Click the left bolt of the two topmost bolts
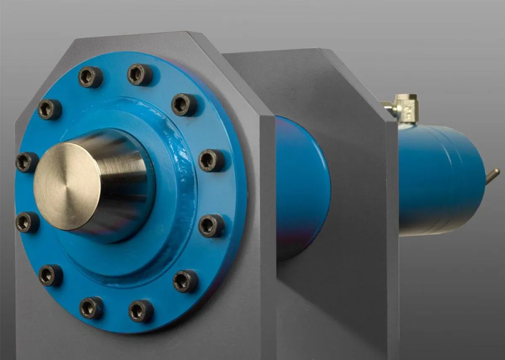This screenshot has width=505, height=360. pos(90,77)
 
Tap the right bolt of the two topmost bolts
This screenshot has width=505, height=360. pos(140,74)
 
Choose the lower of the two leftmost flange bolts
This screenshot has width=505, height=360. pos(27,222)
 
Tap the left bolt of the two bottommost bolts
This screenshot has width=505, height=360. pos(91,307)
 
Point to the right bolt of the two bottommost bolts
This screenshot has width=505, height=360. pos(141,311)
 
